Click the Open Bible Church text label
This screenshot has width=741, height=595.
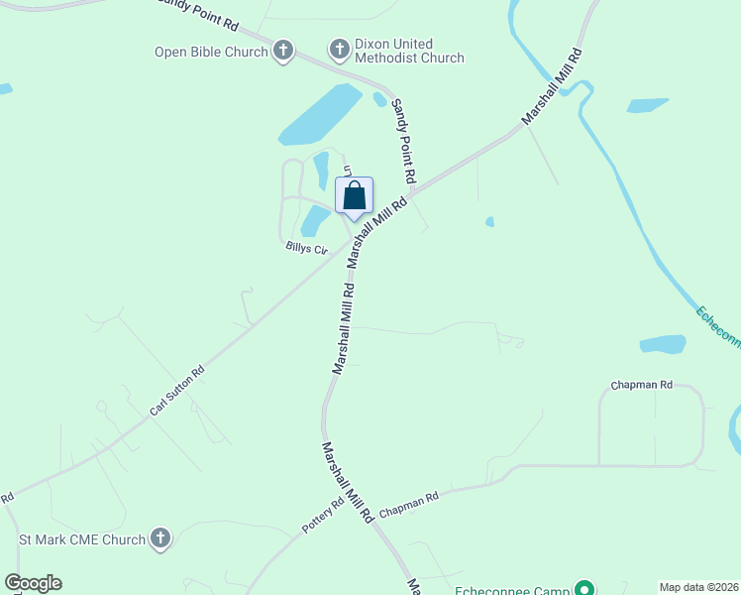[211, 52]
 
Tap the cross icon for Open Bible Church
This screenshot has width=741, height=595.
[283, 51]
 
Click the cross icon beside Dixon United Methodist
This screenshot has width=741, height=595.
[339, 49]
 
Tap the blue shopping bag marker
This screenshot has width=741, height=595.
[355, 196]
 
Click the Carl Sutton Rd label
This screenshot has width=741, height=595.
[177, 391]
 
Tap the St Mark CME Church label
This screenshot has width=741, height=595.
[82, 540]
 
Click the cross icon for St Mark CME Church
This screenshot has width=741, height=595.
[160, 539]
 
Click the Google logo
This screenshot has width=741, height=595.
[34, 583]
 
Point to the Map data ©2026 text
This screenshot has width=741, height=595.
[698, 587]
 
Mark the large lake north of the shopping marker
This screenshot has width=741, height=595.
[320, 115]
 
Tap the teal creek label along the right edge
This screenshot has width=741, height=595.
[717, 326]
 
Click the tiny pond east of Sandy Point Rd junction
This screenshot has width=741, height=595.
[489, 222]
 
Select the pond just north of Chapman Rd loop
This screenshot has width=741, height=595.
[663, 344]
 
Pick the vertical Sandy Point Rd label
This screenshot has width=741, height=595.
[402, 140]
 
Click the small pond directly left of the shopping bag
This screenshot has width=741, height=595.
[315, 221]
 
